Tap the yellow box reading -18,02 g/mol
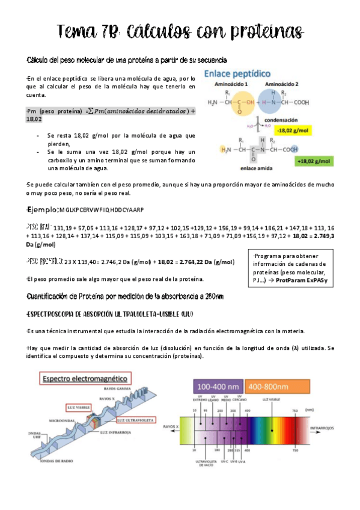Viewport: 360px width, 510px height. coord(293,129)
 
